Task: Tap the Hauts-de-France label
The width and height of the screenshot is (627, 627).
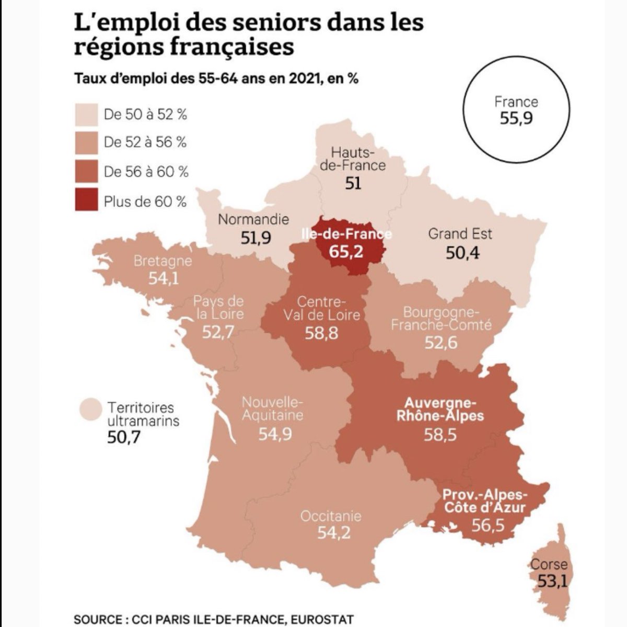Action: coord(353,159)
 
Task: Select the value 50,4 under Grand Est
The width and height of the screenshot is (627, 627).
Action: coord(462,253)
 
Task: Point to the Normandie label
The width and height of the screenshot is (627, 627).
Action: coord(253,219)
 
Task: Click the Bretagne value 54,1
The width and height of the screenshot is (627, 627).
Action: coord(164,278)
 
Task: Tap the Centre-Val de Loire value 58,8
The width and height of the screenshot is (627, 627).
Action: coord(321,333)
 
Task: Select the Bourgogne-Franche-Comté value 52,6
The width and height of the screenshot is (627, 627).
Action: coord(441,343)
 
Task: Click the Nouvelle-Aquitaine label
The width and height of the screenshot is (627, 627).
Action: coord(272,409)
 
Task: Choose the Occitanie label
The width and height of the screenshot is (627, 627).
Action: coord(331,516)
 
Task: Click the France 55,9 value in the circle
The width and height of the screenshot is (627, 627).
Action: coord(516,119)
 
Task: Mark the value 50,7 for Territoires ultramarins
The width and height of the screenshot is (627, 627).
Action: coord(124,437)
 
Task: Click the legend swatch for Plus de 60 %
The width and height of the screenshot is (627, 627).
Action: coord(86,201)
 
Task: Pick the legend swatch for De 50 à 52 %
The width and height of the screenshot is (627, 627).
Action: coord(86,114)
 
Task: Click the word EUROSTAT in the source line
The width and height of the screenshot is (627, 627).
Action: coord(322,620)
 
